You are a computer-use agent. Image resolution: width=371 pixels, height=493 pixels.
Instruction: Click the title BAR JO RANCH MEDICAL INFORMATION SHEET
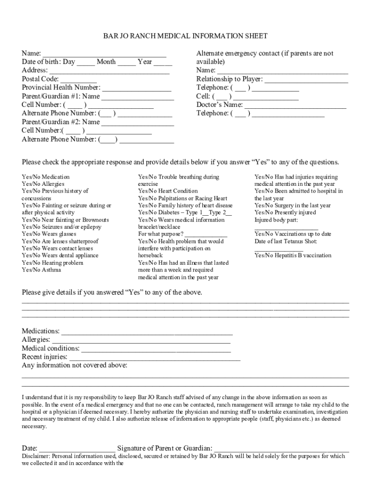coord(185,36)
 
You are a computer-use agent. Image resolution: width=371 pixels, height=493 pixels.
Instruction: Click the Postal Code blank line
coord(79,80)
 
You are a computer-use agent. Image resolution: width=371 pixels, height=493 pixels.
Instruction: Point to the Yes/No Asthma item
coord(41,270)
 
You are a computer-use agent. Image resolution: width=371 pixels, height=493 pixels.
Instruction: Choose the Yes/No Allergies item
coord(43,184)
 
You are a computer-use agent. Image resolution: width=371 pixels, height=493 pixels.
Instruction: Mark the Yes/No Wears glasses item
coord(49,234)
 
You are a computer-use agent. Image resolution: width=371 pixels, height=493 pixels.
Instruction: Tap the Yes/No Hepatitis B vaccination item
coord(292,255)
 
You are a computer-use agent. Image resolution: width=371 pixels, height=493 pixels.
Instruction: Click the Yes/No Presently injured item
coord(285,212)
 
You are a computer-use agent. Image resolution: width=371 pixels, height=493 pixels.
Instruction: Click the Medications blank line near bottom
coord(147,332)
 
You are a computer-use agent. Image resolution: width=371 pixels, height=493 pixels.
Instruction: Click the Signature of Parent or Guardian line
coord(281,449)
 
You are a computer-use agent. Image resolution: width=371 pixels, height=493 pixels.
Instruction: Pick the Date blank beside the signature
coord(77,449)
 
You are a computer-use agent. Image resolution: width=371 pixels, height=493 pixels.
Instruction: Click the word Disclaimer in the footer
coord(36,456)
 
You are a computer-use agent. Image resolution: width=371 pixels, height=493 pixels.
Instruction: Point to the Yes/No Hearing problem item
coord(52,263)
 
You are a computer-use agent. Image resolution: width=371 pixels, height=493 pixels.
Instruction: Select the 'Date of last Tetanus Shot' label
coord(285,241)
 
